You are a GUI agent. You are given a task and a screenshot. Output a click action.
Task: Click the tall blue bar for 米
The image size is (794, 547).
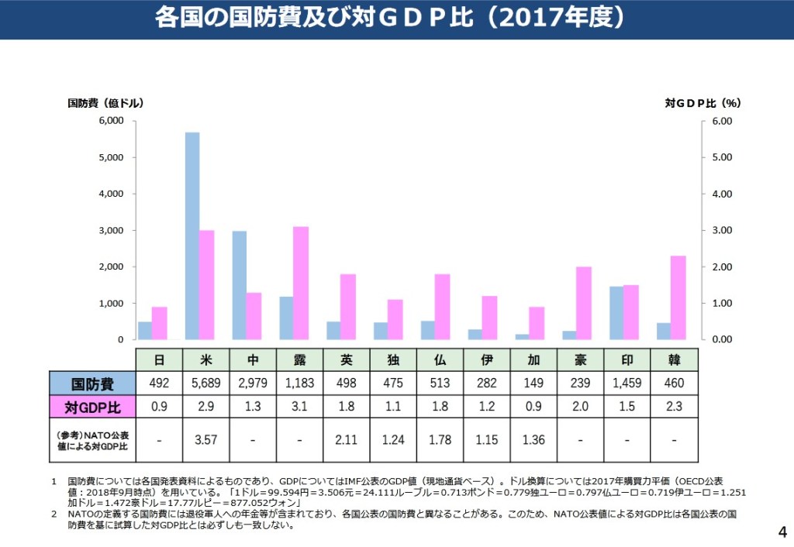192,236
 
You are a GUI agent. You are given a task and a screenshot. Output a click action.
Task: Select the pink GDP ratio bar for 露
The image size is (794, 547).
301,283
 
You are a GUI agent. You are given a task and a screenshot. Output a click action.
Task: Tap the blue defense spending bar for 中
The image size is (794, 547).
240,285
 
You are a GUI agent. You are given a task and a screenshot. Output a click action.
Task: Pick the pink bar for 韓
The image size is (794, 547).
678,298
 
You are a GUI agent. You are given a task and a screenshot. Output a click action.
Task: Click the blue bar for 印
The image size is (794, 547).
616,313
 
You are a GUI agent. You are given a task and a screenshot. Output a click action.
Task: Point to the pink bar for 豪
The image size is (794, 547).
584,303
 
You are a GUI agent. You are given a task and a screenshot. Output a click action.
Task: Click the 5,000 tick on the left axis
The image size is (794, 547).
111,157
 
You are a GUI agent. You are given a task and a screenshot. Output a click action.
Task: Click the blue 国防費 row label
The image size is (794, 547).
92,384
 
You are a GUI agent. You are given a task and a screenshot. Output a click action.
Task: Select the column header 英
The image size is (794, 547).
347,360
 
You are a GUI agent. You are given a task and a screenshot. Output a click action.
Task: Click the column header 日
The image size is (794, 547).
159,360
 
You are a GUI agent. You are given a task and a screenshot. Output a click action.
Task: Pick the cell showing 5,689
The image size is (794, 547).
206,384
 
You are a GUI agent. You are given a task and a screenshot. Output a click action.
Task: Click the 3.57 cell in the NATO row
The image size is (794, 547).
206,440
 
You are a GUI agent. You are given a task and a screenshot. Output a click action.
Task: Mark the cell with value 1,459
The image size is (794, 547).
628,384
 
